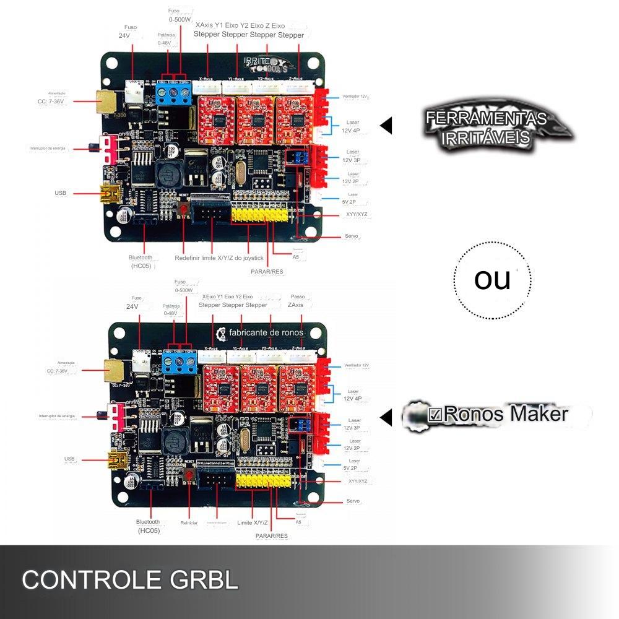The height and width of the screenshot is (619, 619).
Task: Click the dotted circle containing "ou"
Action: click(x=492, y=280)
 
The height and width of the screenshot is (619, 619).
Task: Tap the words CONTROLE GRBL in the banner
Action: click(x=130, y=580)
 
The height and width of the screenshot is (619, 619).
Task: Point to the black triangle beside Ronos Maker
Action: click(x=386, y=417)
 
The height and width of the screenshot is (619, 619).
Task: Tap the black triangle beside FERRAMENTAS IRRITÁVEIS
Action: click(x=386, y=126)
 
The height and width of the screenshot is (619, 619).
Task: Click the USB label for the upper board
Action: click(x=60, y=193)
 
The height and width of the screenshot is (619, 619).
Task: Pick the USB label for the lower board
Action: click(x=69, y=459)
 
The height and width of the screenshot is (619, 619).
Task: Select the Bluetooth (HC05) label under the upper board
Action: click(x=141, y=261)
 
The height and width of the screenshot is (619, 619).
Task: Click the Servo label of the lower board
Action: click(x=353, y=501)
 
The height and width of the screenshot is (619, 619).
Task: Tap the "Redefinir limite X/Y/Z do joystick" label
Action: click(x=219, y=258)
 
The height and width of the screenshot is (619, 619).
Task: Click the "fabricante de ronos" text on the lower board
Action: click(x=266, y=332)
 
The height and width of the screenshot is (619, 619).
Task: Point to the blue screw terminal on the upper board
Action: click(x=173, y=94)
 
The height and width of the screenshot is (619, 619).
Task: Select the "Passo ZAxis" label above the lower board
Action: click(x=298, y=301)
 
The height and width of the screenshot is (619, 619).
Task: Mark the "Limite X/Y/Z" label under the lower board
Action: click(x=253, y=523)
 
